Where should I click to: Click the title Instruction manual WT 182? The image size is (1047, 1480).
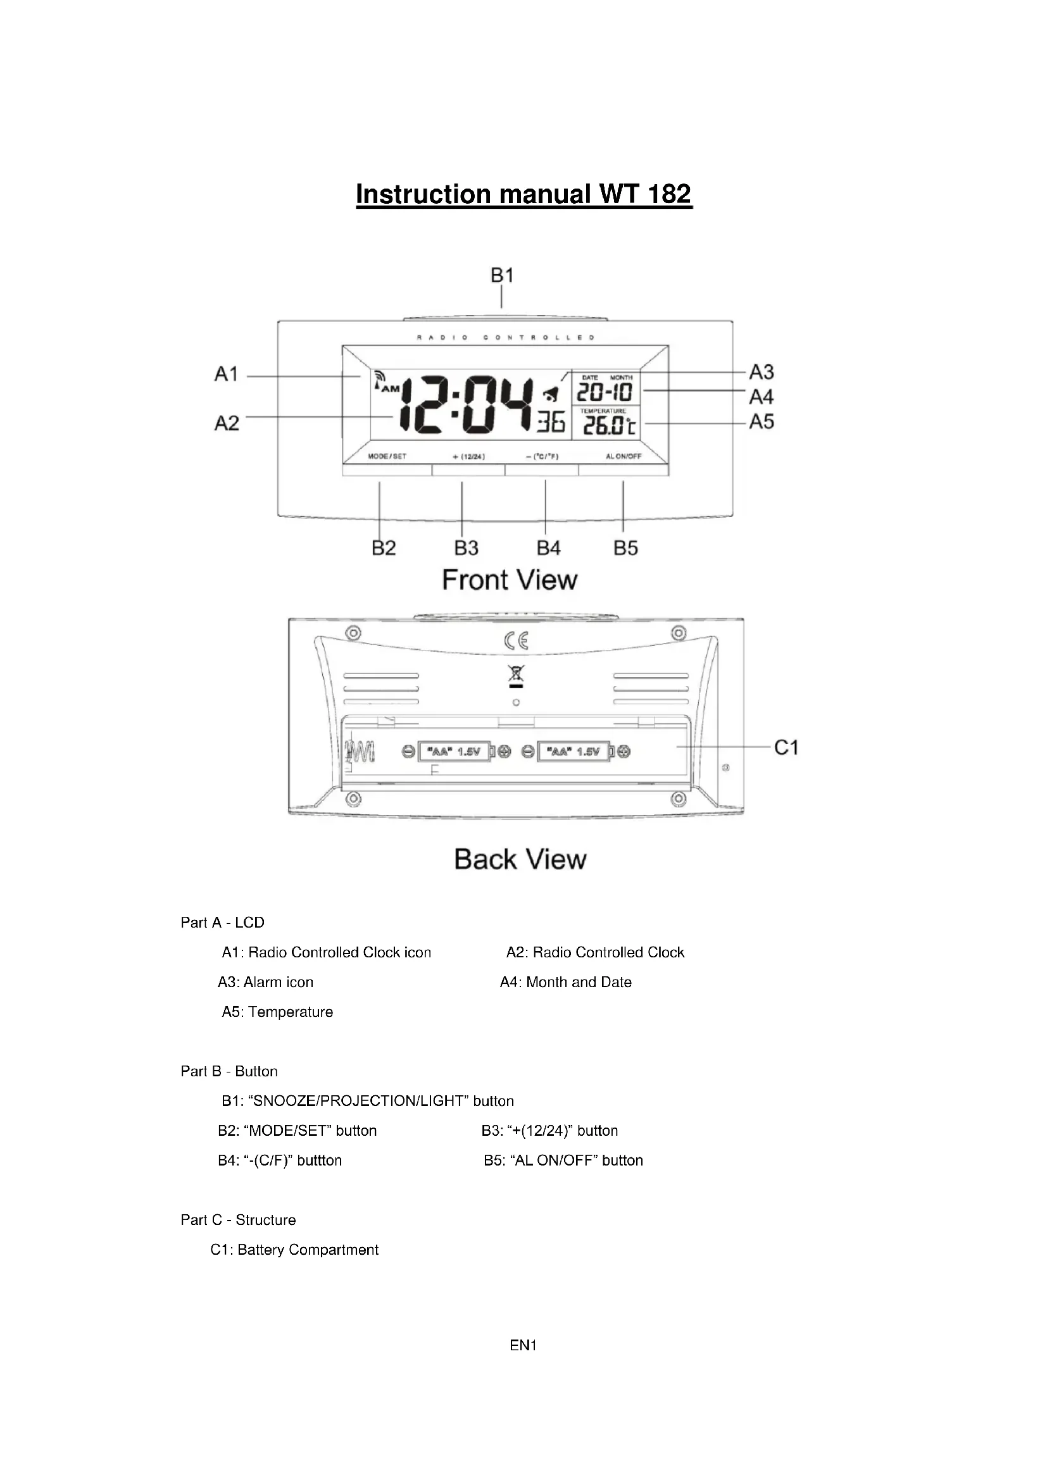[523, 194]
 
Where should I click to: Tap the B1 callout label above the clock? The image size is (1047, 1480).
[501, 275]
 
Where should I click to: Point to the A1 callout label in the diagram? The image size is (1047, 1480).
[226, 374]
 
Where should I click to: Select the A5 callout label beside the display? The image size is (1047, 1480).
[762, 421]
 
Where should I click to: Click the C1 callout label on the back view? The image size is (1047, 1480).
[786, 747]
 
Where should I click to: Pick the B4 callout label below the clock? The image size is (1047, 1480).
[548, 548]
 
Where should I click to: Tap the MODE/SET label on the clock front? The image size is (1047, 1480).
[387, 456]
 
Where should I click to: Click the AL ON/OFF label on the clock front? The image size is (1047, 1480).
[624, 456]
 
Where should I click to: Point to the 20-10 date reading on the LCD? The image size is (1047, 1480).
[604, 392]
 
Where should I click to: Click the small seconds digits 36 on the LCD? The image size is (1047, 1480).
[552, 422]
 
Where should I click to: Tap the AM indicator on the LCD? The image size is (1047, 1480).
[391, 389]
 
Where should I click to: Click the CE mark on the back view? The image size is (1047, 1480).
[517, 641]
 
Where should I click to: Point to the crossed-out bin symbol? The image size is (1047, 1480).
[516, 675]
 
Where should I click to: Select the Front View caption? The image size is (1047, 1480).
[510, 580]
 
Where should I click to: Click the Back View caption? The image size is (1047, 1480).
[520, 859]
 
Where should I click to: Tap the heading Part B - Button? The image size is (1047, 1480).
[229, 1071]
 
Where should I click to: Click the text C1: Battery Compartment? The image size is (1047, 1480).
[294, 1250]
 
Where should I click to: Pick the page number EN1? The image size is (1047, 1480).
[523, 1345]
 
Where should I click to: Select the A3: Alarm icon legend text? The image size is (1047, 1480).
[266, 983]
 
